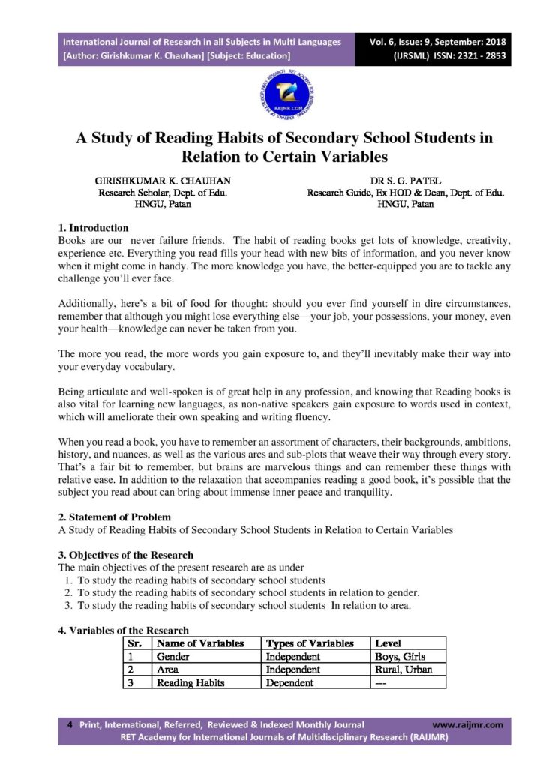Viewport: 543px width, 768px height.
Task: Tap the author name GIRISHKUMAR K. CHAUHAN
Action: point(163,181)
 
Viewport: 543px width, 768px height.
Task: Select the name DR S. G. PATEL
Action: point(406,181)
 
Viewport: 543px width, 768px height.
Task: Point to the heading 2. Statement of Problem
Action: point(115,517)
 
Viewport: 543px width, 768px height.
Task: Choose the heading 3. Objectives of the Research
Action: point(126,556)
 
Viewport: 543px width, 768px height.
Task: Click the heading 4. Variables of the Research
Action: point(124,631)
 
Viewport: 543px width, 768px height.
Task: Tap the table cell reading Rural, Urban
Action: point(406,670)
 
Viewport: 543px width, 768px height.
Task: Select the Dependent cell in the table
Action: point(289,683)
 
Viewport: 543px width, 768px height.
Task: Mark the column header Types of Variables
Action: point(310,643)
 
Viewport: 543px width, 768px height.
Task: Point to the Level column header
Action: point(388,643)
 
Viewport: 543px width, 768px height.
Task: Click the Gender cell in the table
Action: point(172,656)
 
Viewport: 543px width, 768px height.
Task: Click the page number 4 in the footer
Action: point(70,724)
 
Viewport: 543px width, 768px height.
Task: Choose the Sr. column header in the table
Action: point(135,643)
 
